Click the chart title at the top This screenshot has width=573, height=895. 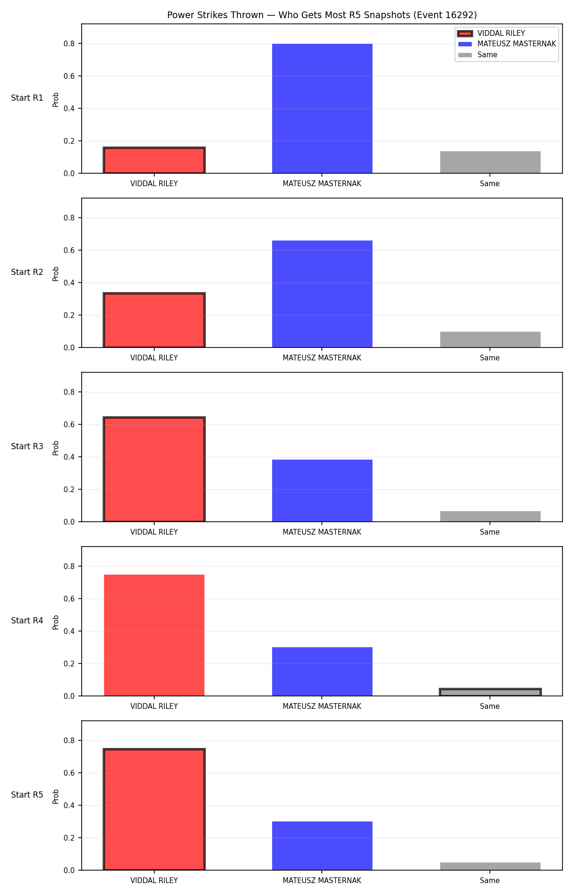click(x=322, y=15)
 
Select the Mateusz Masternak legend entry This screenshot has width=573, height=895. click(x=507, y=44)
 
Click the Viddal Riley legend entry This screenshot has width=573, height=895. click(x=491, y=33)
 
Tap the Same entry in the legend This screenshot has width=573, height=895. click(x=477, y=55)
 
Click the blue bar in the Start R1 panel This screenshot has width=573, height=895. click(x=322, y=108)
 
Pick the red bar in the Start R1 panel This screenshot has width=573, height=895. click(x=154, y=160)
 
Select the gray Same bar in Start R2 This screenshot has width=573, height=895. click(x=490, y=339)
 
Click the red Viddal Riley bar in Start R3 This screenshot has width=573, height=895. click(x=154, y=469)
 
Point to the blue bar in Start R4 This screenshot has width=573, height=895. click(x=322, y=672)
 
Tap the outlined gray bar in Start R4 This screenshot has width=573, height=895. click(x=490, y=692)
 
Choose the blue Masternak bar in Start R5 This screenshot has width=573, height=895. click(x=322, y=846)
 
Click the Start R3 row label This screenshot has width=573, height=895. click(x=27, y=446)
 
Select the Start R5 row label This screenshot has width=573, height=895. click(x=27, y=795)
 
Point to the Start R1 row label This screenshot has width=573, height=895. click(x=27, y=98)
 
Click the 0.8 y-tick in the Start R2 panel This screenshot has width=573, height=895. click(x=69, y=218)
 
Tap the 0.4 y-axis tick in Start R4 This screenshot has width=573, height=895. click(x=69, y=631)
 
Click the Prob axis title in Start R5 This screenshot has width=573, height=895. click(x=56, y=797)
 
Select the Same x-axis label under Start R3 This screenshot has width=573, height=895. click(x=490, y=532)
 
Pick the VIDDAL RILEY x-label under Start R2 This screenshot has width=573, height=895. click(x=154, y=358)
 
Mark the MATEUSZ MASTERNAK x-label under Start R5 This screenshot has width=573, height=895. click(x=322, y=881)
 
